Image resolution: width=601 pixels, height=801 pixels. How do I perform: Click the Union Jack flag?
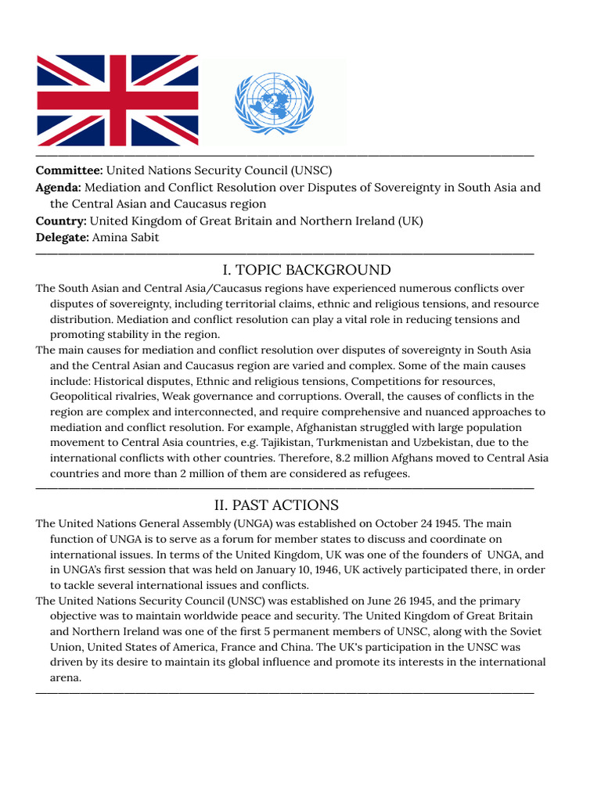(117, 100)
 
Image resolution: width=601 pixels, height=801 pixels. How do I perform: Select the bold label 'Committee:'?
(69, 171)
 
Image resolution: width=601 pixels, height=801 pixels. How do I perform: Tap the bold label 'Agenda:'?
(59, 188)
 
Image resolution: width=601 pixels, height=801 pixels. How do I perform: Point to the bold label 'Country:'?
(61, 221)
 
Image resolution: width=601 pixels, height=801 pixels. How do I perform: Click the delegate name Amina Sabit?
(125, 238)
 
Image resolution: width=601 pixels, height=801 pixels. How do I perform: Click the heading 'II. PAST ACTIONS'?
(276, 505)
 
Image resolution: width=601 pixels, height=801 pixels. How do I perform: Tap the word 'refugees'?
(382, 474)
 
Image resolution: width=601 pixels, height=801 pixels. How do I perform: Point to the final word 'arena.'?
(66, 678)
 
